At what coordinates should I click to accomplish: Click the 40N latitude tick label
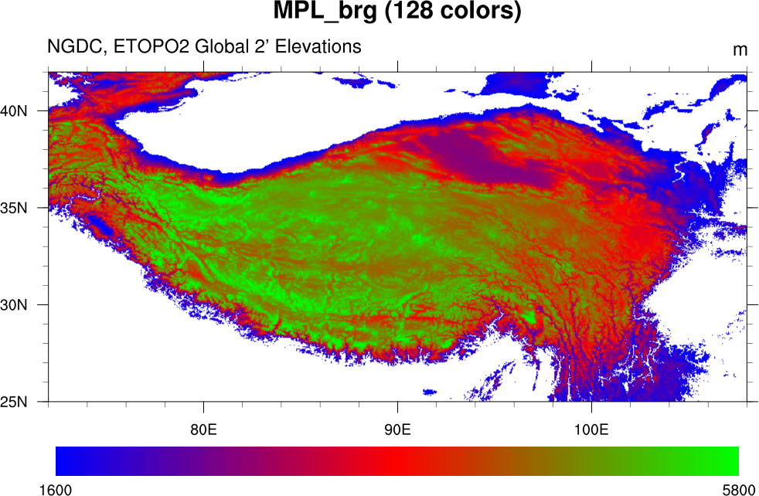pos(14,110)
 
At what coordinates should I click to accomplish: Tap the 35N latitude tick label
pos(14,208)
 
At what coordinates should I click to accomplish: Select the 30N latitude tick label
pos(14,304)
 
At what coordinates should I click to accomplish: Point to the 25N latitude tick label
pos(14,402)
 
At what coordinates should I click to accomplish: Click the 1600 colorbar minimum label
pos(56,489)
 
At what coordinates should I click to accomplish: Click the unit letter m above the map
pos(740,50)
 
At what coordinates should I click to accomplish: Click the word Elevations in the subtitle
pos(315,47)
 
